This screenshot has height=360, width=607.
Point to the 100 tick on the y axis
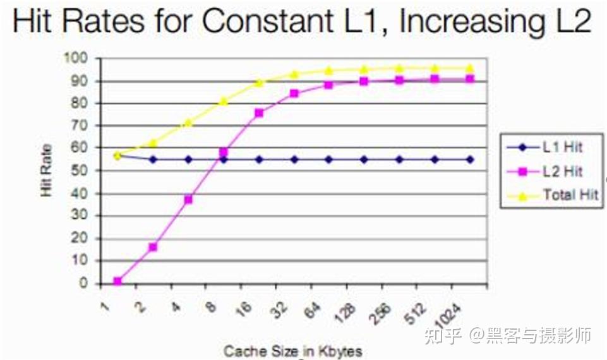coord(78,58)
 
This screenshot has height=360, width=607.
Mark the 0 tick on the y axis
coord(85,284)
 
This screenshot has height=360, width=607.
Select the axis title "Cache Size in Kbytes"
coord(292,351)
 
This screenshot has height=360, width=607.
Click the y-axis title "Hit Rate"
coord(47,171)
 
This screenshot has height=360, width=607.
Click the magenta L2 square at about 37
coord(188,200)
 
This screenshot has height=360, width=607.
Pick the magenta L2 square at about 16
coord(153,247)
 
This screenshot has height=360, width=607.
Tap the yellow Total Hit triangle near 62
coord(153,143)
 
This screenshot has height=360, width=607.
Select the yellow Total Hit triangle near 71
coord(188,123)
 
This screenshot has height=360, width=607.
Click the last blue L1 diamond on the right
coord(470,160)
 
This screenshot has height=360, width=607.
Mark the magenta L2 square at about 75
coord(259,113)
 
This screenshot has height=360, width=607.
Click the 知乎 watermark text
coord(442,335)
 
